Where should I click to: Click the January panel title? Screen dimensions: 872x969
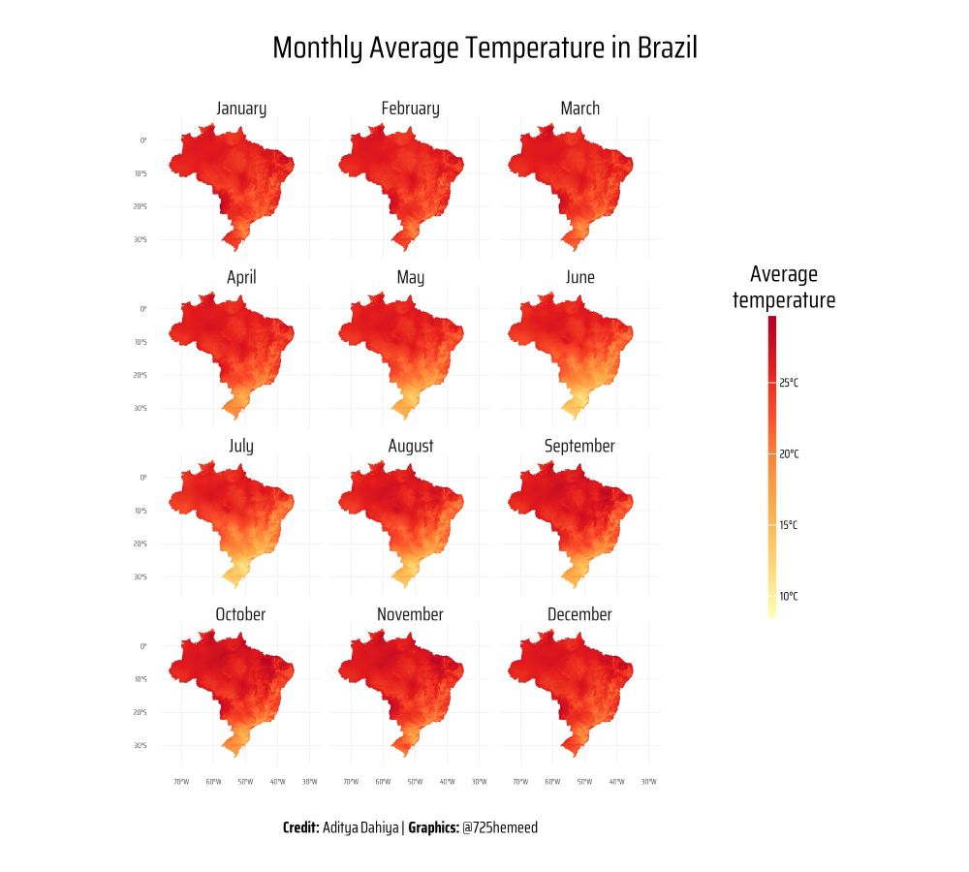click(241, 109)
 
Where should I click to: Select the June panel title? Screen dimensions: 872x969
click(579, 277)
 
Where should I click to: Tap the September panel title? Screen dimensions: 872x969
click(579, 446)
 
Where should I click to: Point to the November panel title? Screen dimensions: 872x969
click(410, 614)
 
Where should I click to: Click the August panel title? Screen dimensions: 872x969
click(411, 446)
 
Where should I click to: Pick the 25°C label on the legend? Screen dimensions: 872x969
click(789, 383)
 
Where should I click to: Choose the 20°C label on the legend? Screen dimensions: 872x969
click(789, 453)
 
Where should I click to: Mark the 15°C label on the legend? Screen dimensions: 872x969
click(789, 525)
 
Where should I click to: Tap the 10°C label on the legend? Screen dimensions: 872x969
click(789, 596)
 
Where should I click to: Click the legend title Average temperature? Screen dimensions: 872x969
click(783, 287)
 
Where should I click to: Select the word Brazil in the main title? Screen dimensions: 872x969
click(667, 48)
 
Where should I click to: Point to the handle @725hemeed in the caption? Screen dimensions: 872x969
click(500, 827)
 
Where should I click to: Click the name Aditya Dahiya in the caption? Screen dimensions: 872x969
click(360, 827)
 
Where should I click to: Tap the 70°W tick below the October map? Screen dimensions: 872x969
click(180, 781)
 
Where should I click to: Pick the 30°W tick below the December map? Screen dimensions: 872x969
click(649, 781)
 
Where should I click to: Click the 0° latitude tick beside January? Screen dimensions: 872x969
click(143, 140)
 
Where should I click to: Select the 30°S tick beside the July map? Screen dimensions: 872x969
click(141, 576)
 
